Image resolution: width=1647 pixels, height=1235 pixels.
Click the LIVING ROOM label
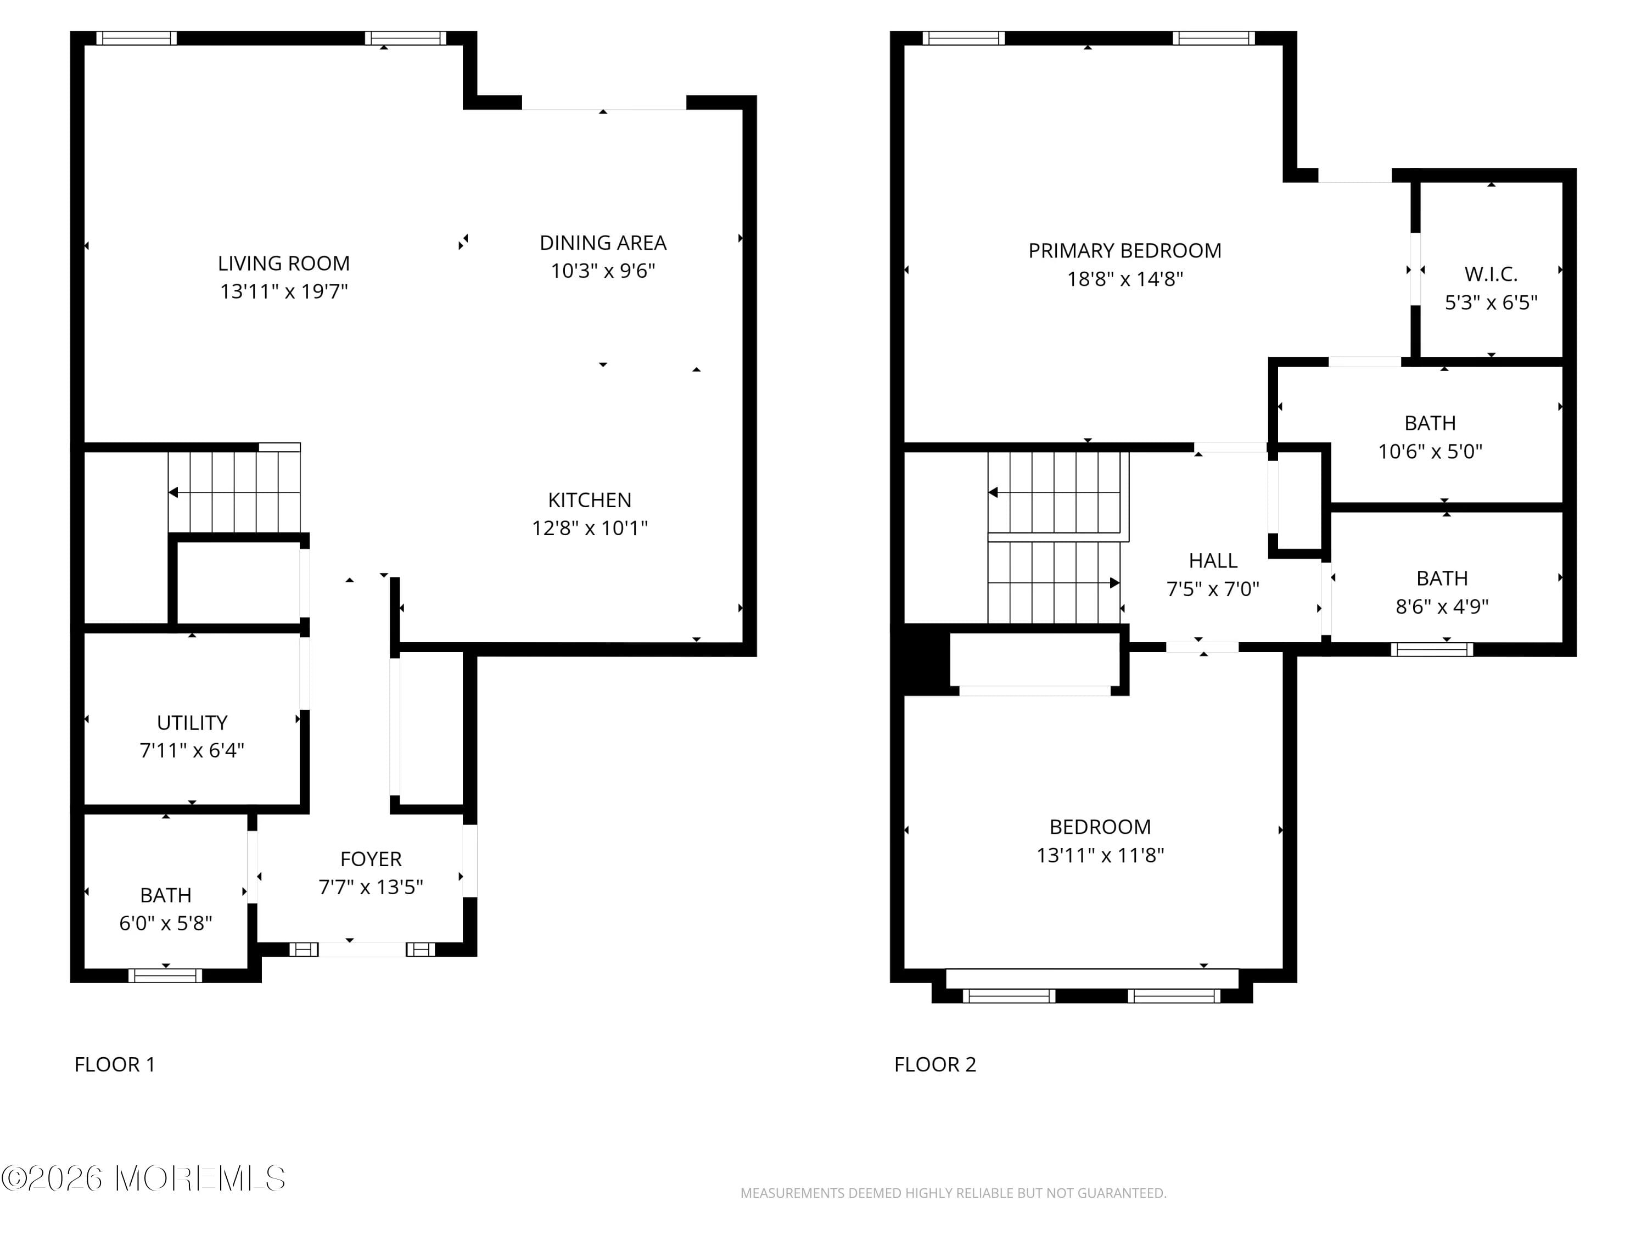coord(284,263)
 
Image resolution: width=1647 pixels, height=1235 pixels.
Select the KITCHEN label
coord(589,500)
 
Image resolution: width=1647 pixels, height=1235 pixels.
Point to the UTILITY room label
coord(192,723)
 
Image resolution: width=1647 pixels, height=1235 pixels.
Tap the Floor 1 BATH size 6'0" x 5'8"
coord(165,924)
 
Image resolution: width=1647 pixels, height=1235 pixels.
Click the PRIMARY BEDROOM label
coord(1124,251)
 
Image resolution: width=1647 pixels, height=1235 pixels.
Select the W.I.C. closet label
coord(1491,274)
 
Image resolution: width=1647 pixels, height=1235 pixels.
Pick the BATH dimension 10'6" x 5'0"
coord(1430,452)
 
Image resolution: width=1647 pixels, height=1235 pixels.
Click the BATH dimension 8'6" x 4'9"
coord(1442,607)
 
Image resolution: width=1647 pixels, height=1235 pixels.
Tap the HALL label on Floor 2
coord(1212,560)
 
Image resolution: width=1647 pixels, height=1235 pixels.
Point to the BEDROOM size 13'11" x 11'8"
coord(1100,855)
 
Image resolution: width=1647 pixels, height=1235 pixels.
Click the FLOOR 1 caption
coord(115,1064)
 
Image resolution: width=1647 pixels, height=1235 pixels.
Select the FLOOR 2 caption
coord(934,1064)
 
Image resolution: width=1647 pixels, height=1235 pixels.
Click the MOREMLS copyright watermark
coord(143,1178)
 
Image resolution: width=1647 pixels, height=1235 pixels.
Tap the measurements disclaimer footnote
coord(953,1193)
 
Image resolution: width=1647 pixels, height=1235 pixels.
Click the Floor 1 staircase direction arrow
coord(173,493)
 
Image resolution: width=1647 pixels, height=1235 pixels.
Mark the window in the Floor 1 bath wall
coord(165,975)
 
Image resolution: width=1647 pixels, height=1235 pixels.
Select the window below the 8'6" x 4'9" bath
coord(1431,650)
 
